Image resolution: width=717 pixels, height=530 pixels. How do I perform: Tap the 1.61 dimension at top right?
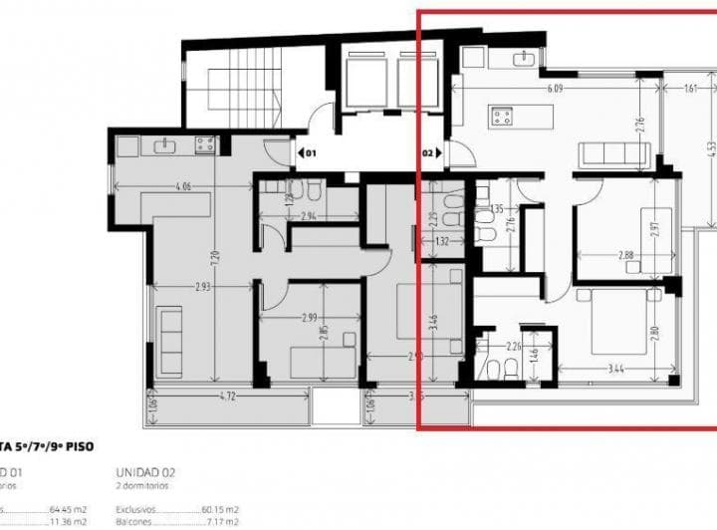point(689,88)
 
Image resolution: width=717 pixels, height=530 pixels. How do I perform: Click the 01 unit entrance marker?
point(308,154)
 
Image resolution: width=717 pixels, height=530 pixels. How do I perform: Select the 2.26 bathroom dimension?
point(515,347)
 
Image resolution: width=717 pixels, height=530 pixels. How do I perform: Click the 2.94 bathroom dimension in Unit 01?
point(307,215)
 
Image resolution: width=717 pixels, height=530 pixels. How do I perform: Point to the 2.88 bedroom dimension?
point(626,256)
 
